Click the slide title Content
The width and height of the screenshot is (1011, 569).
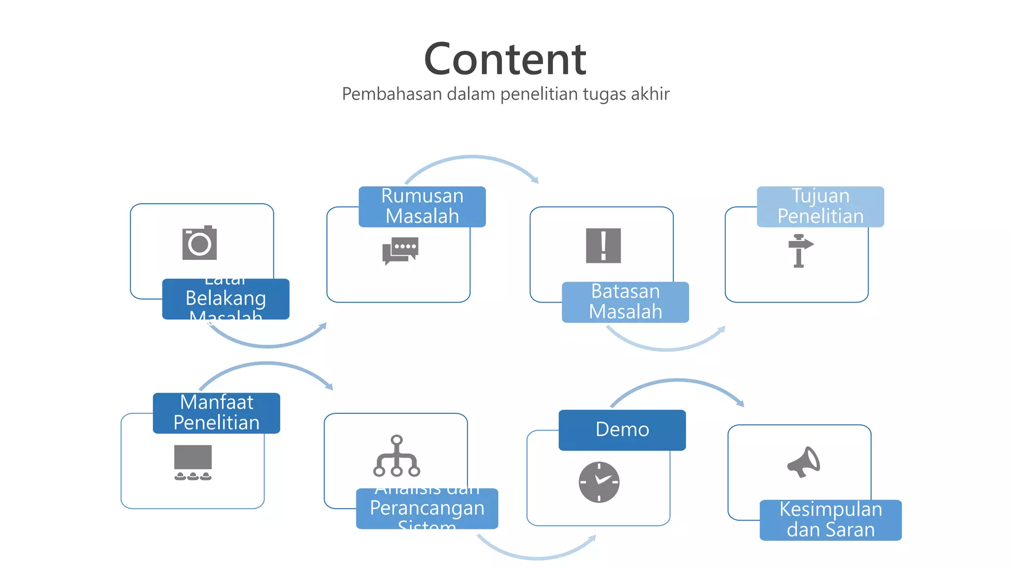505,59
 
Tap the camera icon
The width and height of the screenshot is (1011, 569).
199,243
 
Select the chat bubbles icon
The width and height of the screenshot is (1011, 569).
400,250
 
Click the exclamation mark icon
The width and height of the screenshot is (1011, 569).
603,245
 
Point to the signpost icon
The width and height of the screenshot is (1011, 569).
800,250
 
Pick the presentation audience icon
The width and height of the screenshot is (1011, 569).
193,462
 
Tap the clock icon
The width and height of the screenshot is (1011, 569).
599,482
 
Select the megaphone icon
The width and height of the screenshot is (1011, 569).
804,462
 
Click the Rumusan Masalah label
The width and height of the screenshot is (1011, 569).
422,206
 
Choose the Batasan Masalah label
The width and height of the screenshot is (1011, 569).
625,302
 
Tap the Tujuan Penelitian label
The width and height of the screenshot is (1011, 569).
820,206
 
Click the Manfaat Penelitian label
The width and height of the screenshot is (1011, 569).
216,413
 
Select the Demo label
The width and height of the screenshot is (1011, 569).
622,430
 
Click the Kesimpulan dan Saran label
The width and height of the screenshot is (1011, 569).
830,520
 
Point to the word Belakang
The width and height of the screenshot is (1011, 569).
226,298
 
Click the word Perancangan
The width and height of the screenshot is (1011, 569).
427,508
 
